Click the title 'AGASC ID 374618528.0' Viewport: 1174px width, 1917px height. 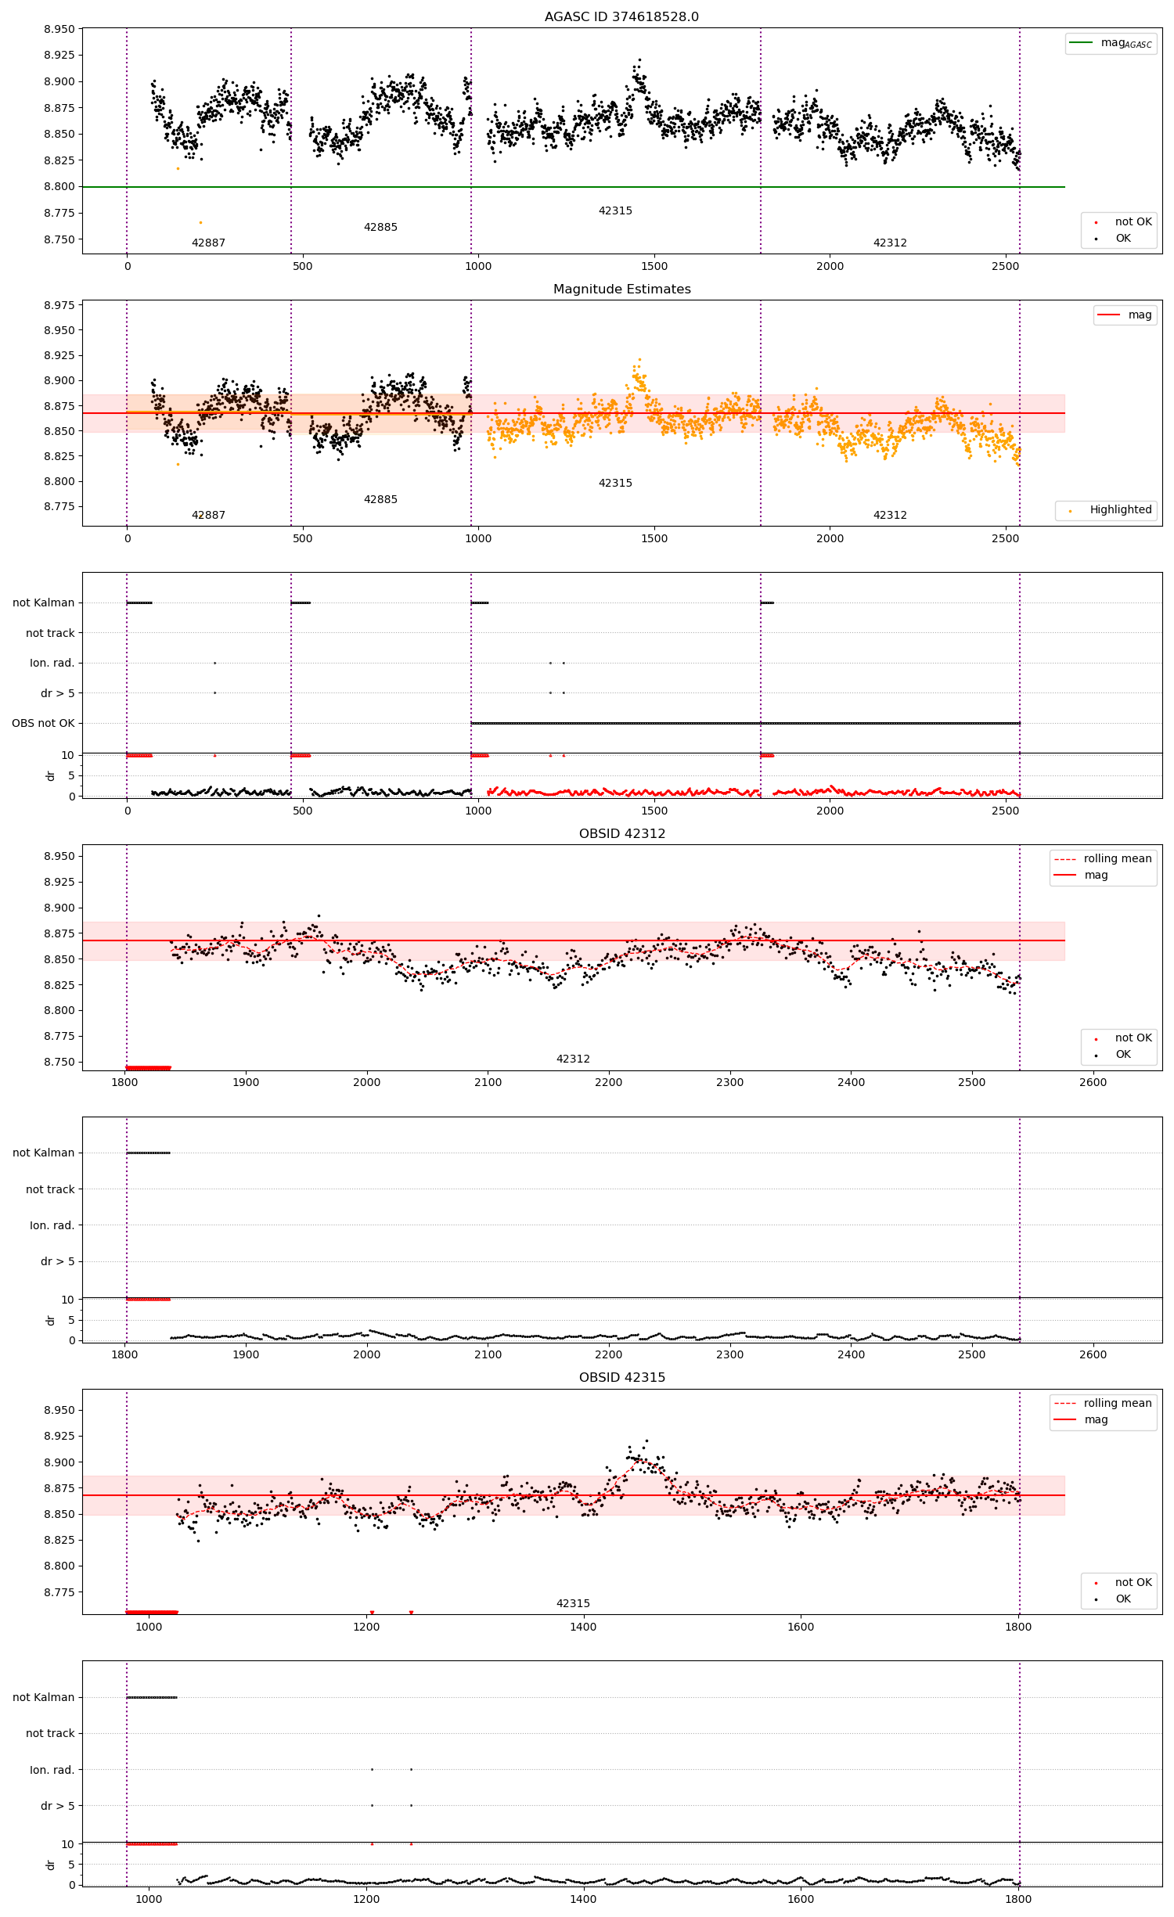[x=621, y=16]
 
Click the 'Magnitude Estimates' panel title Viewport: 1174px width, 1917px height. [x=621, y=289]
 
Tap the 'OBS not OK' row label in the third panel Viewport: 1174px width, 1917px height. [x=43, y=723]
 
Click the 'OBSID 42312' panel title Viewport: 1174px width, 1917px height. [x=621, y=833]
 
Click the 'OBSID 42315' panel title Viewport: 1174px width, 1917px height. [x=621, y=1377]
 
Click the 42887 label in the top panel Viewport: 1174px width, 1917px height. [x=208, y=243]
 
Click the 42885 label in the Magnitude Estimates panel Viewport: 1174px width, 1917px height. [x=380, y=499]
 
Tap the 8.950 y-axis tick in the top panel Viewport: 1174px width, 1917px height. [x=59, y=29]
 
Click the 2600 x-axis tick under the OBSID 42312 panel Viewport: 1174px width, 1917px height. [x=1093, y=1082]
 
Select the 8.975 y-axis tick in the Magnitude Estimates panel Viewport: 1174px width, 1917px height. [x=59, y=305]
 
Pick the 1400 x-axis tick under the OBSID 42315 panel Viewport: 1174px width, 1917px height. [x=583, y=1627]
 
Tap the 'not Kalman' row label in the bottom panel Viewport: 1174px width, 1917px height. [x=43, y=1697]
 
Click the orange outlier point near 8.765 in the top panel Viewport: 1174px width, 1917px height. [x=200, y=222]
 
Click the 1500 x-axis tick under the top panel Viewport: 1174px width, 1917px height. [x=654, y=266]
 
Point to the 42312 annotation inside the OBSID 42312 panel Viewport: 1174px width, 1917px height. [x=573, y=1059]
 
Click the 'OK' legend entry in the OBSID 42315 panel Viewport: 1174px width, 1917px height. [x=1122, y=1599]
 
